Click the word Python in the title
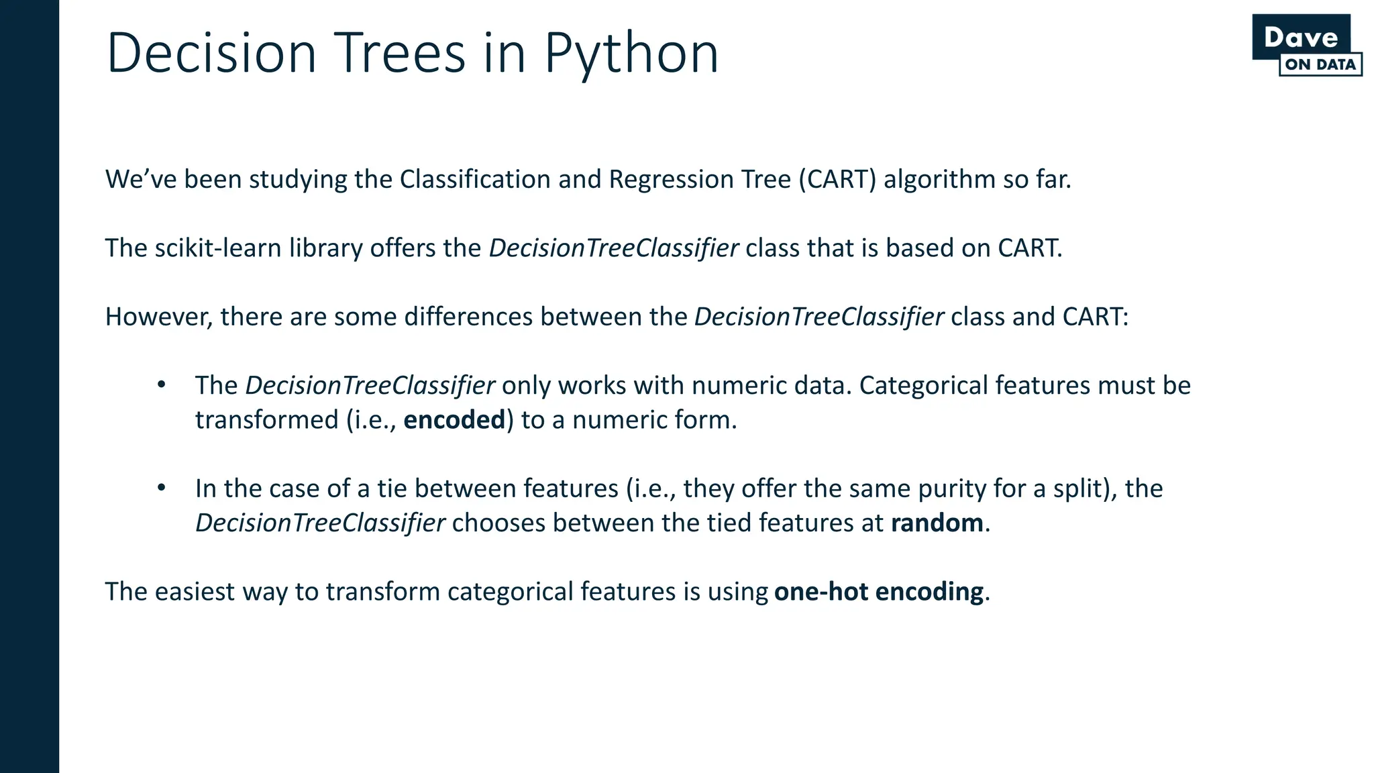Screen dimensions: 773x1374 coord(631,54)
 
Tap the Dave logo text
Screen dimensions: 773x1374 coord(1300,38)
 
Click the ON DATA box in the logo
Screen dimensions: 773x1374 coord(1320,65)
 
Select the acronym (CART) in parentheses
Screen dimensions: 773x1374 coord(837,180)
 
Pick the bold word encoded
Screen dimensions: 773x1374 coord(454,420)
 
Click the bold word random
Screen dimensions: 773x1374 coord(937,523)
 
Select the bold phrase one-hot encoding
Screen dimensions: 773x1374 coord(878,592)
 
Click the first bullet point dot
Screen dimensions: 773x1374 coord(161,385)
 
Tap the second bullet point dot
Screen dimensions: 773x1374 coord(161,488)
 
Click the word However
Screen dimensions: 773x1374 coord(158,317)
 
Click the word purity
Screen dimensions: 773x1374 coord(952,488)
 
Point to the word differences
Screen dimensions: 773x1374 coord(468,317)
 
